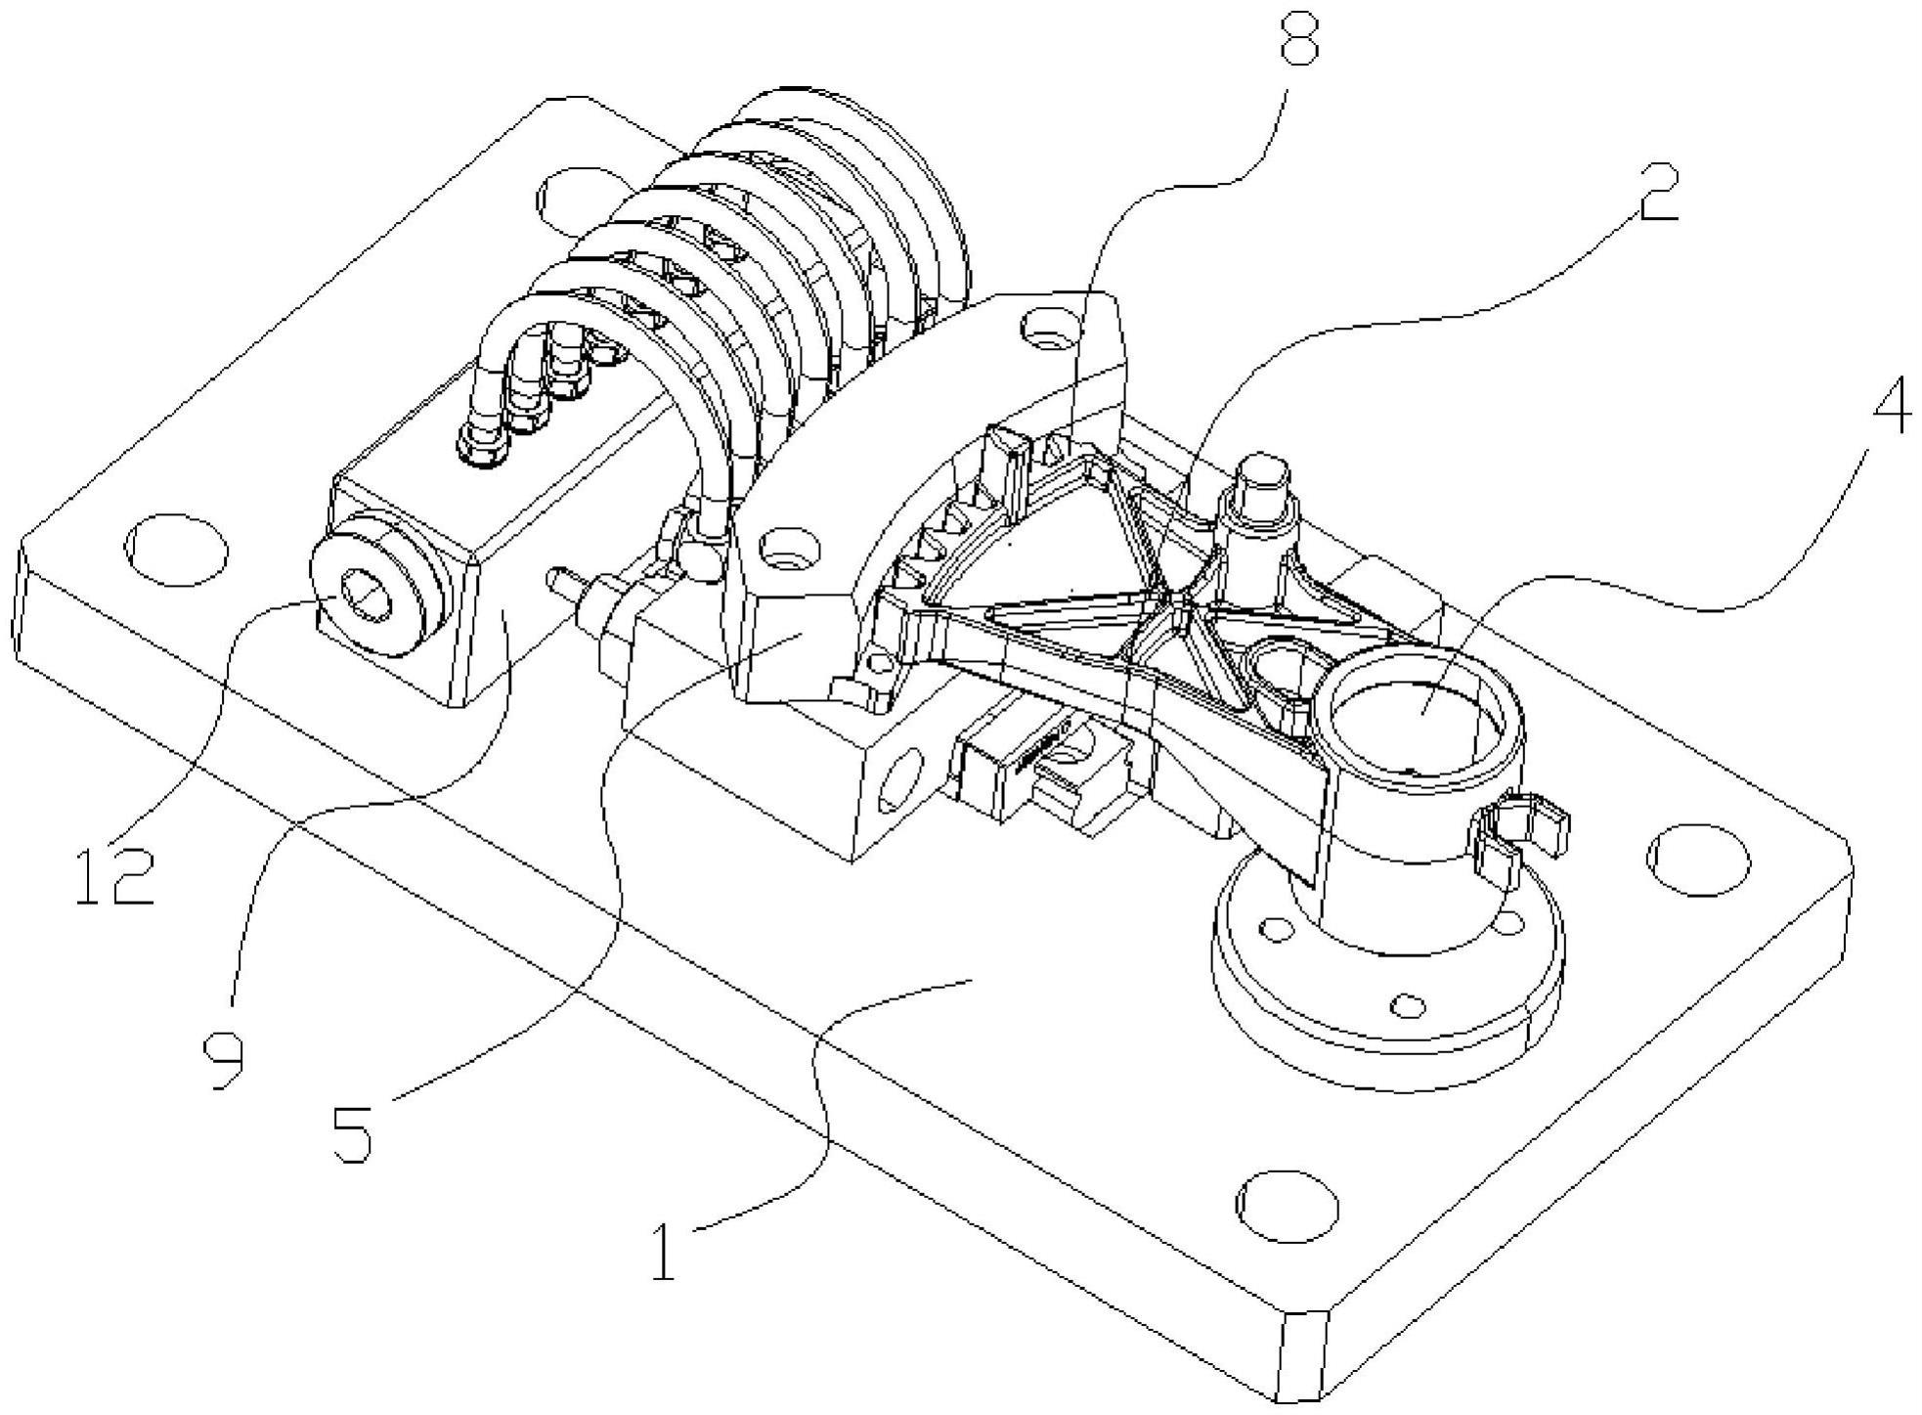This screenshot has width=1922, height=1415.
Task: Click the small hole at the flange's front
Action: [x=1407, y=1004]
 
